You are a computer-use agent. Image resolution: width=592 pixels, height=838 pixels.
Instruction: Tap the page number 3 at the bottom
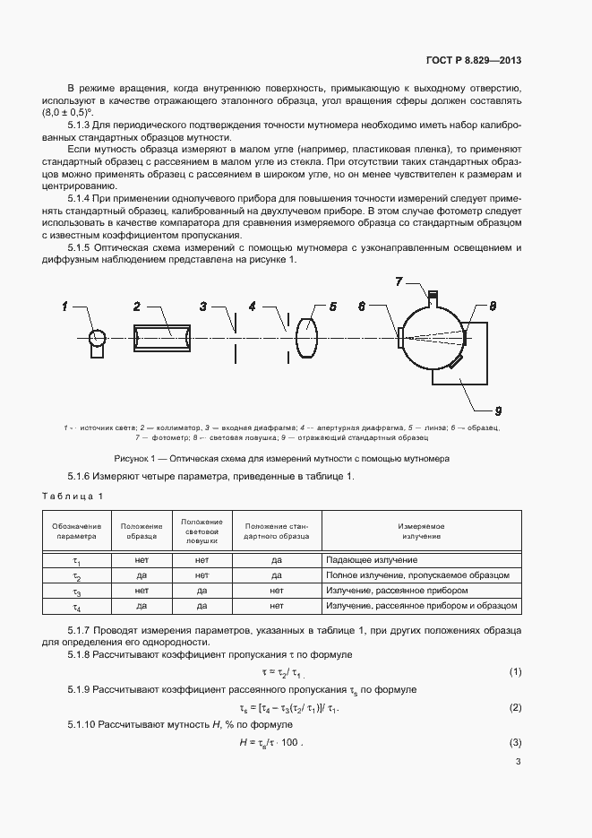tap(518, 762)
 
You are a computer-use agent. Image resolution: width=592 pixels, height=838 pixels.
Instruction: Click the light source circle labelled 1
tap(97, 336)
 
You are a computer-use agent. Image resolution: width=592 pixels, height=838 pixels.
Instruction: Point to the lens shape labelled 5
tap(306, 337)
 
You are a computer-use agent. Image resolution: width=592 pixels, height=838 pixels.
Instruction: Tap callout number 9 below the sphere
tap(498, 411)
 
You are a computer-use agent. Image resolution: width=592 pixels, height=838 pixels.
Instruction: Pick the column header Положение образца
tap(142, 531)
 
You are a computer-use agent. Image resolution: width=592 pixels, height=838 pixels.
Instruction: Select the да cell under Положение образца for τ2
tap(142, 575)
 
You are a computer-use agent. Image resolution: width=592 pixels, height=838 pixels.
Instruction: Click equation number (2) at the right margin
tap(515, 707)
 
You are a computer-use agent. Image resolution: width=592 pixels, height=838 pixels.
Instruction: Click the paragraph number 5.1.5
tap(85, 246)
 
